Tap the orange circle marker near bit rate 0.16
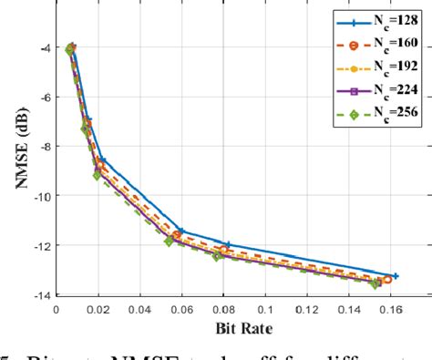(x=387, y=280)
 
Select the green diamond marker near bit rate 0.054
(x=169, y=241)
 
